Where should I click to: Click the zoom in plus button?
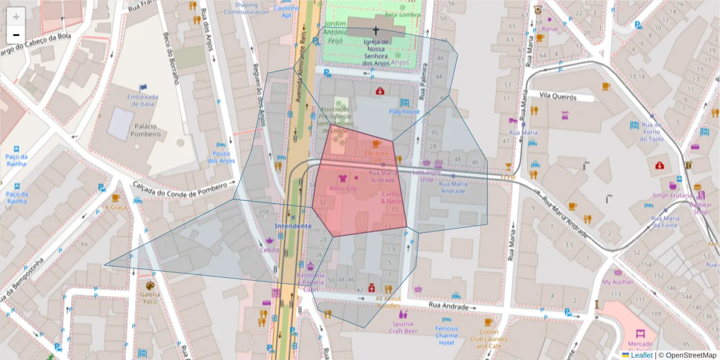(x=16, y=16)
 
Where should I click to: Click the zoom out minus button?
(x=16, y=34)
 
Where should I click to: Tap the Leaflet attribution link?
(x=641, y=355)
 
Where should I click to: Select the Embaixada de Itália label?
(x=142, y=100)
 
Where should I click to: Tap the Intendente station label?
(x=293, y=226)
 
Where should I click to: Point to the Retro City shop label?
(x=343, y=188)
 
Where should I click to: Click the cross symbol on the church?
(x=376, y=30)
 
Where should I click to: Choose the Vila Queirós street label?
(x=557, y=97)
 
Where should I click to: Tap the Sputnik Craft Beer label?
(x=403, y=327)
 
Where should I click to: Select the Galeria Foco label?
(x=150, y=298)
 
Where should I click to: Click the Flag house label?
(x=404, y=112)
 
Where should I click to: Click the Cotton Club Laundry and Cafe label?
(x=488, y=339)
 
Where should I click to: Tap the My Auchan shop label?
(x=617, y=282)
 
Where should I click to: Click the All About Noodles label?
(x=388, y=302)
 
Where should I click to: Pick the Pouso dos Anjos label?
(x=221, y=157)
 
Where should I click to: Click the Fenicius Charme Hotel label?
(x=446, y=335)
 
